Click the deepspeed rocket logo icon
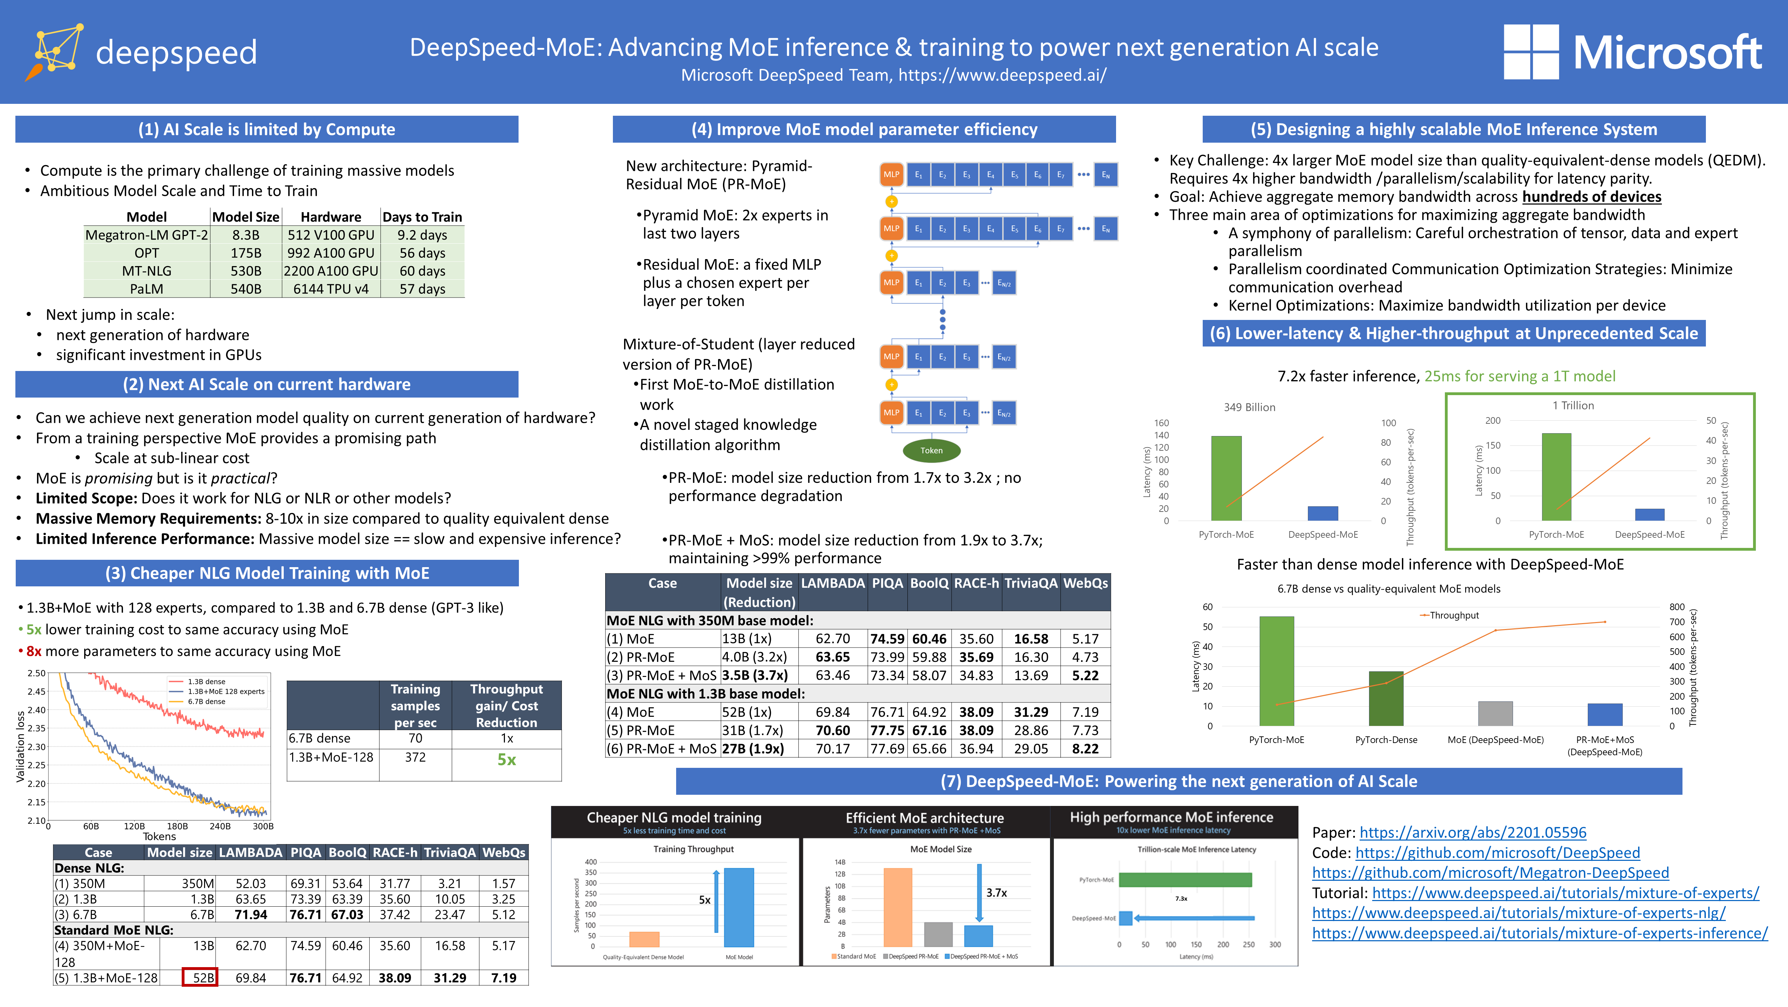(x=56, y=52)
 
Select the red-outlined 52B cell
(x=200, y=977)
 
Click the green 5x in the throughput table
(x=507, y=760)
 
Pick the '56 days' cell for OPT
(x=422, y=253)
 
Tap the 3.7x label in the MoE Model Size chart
(x=996, y=892)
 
